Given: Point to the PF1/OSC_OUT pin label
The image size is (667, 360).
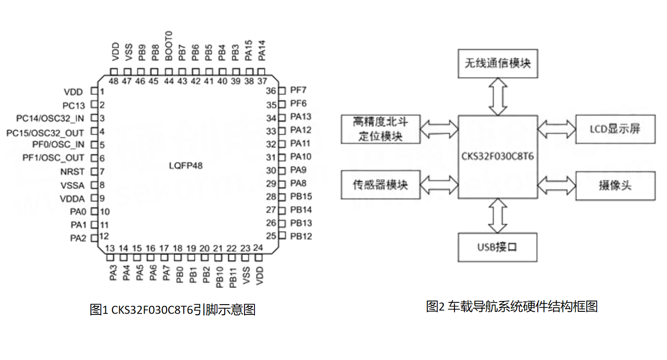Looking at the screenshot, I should point(53,158).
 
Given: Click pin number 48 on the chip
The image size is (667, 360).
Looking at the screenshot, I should point(113,82).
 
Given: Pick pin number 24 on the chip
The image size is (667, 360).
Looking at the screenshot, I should point(258,248).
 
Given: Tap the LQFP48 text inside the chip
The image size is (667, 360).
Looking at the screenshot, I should point(186,166).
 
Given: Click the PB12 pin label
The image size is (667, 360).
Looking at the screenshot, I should point(301,236).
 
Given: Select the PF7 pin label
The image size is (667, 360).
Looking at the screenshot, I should point(298,91).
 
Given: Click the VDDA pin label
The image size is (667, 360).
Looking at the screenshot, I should point(72,198).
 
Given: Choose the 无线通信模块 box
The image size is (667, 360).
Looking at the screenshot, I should point(498,63).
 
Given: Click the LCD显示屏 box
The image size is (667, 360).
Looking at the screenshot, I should point(615,129).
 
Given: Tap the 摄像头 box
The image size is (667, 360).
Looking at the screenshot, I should point(615,186).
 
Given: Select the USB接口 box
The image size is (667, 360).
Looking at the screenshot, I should point(498,247).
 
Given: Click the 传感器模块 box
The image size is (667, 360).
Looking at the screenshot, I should point(381,185).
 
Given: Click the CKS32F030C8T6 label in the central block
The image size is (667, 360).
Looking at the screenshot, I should point(498,156).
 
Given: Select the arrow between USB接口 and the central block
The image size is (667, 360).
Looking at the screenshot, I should point(498,215).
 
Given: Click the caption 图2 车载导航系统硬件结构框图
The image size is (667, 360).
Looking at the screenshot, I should point(512,307).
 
